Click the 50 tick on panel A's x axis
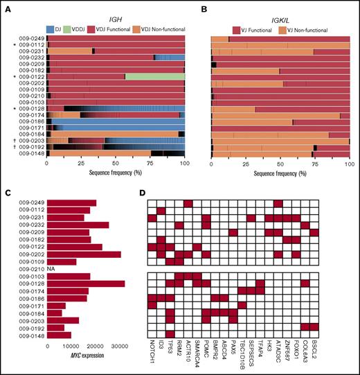pyautogui.click(x=116, y=166)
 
